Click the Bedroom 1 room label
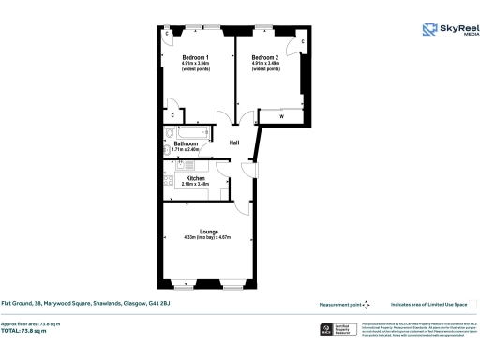point(195,57)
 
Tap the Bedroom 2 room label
point(265,57)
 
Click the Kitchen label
point(195,178)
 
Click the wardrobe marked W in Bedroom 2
point(284,115)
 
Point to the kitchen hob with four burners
point(167,186)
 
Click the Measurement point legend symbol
point(367,304)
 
